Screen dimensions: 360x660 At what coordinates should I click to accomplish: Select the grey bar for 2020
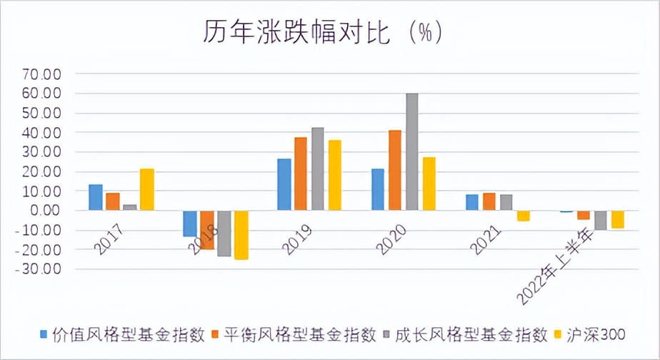[x=411, y=151]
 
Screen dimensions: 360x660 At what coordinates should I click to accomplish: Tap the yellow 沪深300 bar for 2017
[x=146, y=189]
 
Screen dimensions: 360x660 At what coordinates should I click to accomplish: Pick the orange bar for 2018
[x=207, y=229]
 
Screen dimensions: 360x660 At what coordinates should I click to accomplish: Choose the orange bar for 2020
[x=394, y=170]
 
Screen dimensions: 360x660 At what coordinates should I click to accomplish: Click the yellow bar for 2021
[x=523, y=216]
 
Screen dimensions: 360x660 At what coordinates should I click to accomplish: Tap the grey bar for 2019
[x=317, y=169]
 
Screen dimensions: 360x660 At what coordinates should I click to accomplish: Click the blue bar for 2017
[x=96, y=197]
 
